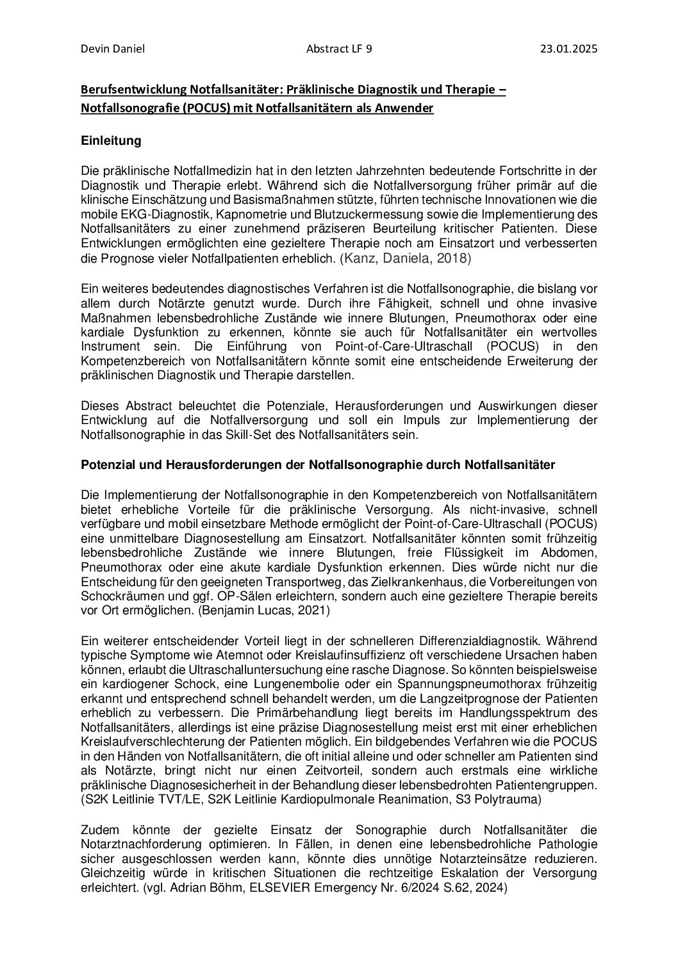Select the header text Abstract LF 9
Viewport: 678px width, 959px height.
click(x=340, y=48)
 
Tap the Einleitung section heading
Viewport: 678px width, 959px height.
click(x=111, y=140)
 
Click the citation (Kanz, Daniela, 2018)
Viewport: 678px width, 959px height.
click(x=405, y=258)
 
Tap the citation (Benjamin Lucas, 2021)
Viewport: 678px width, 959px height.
click(x=263, y=611)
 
